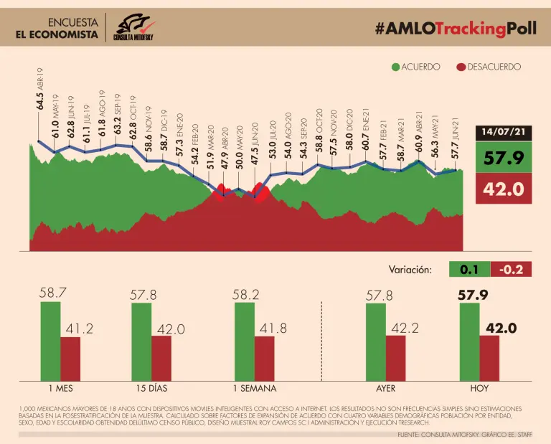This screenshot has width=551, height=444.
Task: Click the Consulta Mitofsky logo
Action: click(x=136, y=27)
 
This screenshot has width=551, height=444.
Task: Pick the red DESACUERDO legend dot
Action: click(x=461, y=67)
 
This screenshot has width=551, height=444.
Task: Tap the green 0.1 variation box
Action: click(x=469, y=270)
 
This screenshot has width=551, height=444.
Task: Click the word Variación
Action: click(x=410, y=270)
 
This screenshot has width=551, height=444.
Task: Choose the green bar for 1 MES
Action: click(x=50, y=341)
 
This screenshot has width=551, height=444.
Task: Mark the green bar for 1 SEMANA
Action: click(x=245, y=341)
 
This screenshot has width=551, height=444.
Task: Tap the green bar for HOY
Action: click(x=469, y=341)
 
